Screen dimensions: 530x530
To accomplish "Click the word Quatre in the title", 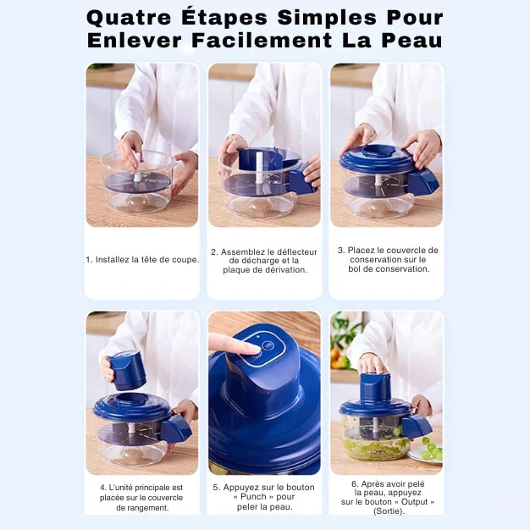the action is tap(129, 19).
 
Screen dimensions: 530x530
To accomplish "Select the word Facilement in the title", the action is tap(262, 41).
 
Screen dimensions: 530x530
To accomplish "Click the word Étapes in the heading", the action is tap(224, 17).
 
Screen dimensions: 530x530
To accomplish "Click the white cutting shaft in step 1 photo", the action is tap(137, 166).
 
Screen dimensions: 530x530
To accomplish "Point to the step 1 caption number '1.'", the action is tap(89, 260).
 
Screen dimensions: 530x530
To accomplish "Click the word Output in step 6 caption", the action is tap(414, 502).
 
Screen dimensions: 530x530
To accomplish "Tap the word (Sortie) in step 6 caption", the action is tap(388, 511).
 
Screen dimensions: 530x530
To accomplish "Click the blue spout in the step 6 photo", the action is tap(417, 426).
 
